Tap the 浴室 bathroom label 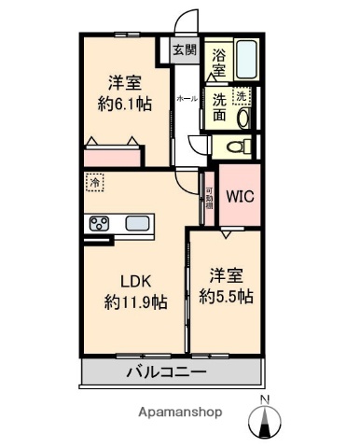[219, 63]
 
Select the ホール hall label [187, 98]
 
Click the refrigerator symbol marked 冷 [95, 184]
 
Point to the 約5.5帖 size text [226, 297]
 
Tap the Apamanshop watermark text [179, 412]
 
